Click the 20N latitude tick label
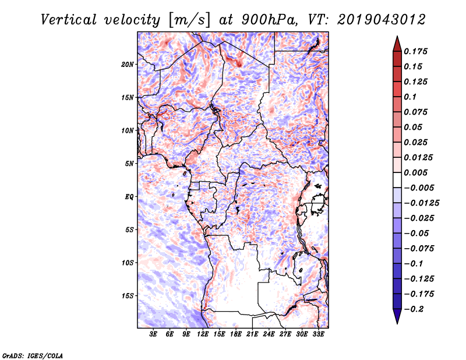128,64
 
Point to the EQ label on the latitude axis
129,196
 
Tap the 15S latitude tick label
128,296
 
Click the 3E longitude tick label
154,334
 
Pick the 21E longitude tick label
253,334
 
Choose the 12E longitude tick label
203,334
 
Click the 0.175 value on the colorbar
418,51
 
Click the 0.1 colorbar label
411,97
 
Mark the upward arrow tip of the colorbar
397,37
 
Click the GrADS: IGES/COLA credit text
33,355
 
